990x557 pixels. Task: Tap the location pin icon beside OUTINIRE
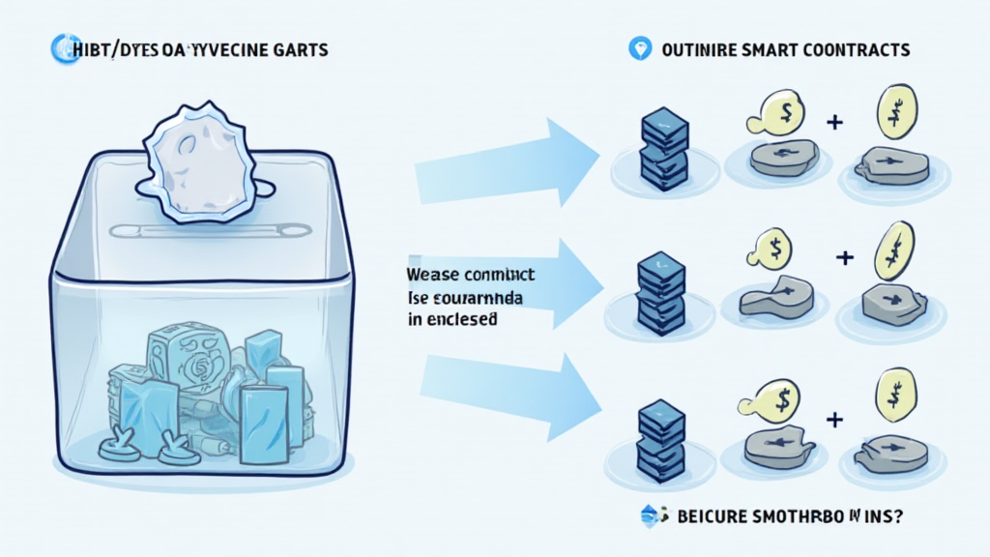(638, 48)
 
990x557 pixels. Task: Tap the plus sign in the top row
(834, 123)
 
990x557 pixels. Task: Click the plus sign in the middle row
(845, 257)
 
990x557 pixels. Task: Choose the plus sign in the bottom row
(834, 419)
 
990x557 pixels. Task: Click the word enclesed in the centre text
(462, 317)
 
